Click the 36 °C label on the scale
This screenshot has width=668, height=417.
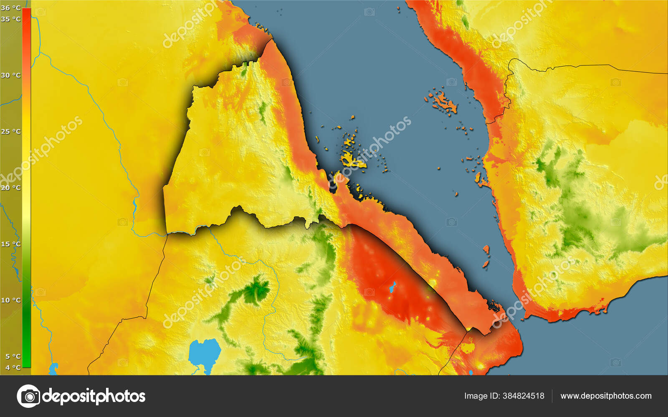10,8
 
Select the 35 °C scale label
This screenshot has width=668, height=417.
10,19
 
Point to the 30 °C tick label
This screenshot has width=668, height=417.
10,75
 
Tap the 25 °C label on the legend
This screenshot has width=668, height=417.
10,131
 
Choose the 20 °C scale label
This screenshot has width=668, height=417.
10,188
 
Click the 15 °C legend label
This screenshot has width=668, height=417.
10,244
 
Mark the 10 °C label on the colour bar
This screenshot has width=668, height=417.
10,300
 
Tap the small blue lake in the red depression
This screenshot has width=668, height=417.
392,287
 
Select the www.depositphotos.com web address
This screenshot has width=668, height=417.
606,396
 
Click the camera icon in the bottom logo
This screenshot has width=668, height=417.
28,396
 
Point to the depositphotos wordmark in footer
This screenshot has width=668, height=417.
94,396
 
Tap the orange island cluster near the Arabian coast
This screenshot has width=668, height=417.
443,102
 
